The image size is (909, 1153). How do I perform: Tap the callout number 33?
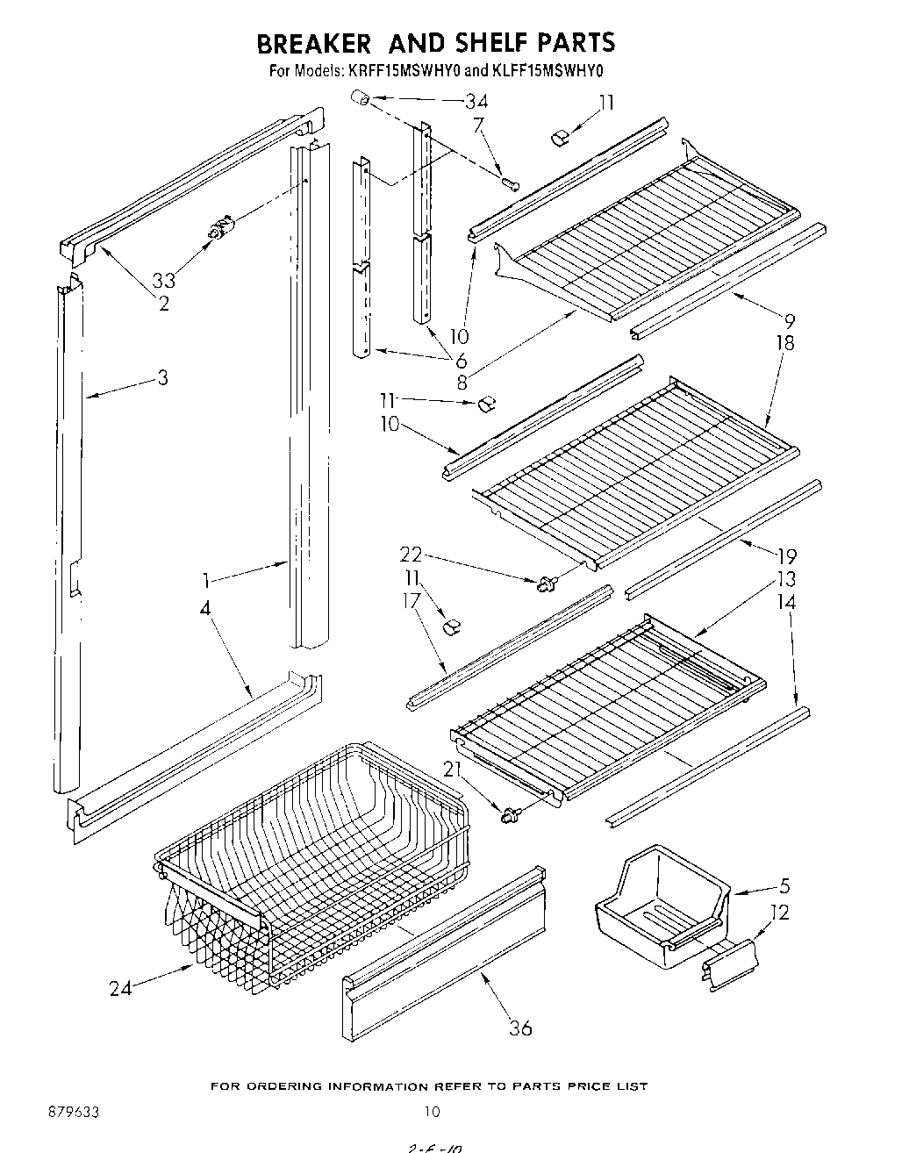(x=164, y=281)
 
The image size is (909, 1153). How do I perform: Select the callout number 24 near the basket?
(x=123, y=988)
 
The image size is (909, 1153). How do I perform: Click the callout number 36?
(x=520, y=1028)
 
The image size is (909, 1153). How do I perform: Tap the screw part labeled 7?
(x=512, y=183)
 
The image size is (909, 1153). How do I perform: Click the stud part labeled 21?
(x=507, y=815)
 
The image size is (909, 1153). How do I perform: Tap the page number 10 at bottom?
(x=431, y=1112)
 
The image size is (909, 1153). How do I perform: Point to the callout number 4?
(x=204, y=606)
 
